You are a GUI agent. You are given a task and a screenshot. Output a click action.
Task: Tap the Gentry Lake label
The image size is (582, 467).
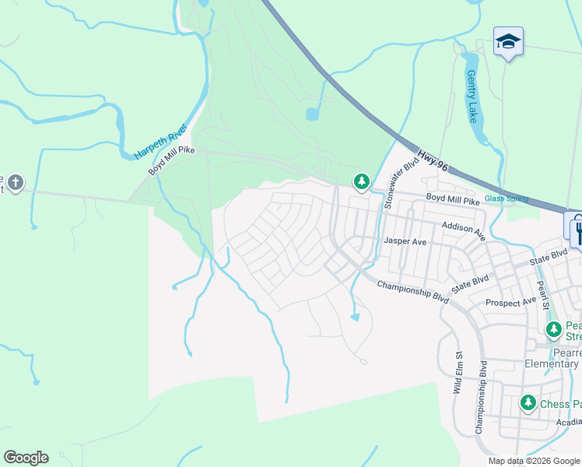472,97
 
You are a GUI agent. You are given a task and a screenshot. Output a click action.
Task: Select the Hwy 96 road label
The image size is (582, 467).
433,161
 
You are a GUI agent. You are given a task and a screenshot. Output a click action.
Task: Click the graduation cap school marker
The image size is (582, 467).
508,40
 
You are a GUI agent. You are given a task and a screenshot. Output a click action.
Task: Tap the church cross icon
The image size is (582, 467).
15,184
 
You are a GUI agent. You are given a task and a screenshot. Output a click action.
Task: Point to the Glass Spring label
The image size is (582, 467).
506,198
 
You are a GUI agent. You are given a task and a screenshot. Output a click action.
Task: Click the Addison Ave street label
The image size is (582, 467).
463,230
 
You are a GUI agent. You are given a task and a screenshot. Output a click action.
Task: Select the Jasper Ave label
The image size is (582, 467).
405,242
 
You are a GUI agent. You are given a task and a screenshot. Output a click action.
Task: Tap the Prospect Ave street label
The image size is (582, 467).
511,300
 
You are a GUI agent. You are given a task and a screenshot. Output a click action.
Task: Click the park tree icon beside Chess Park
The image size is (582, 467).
528,403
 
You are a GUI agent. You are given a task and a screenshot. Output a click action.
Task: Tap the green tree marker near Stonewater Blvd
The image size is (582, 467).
361,182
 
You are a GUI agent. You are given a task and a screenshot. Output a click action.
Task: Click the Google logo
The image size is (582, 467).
26,458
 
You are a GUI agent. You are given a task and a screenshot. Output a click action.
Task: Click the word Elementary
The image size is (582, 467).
551,363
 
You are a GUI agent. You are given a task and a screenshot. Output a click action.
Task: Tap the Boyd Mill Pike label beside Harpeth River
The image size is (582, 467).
170,160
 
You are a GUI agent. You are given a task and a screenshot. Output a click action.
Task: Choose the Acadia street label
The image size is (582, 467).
569,422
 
